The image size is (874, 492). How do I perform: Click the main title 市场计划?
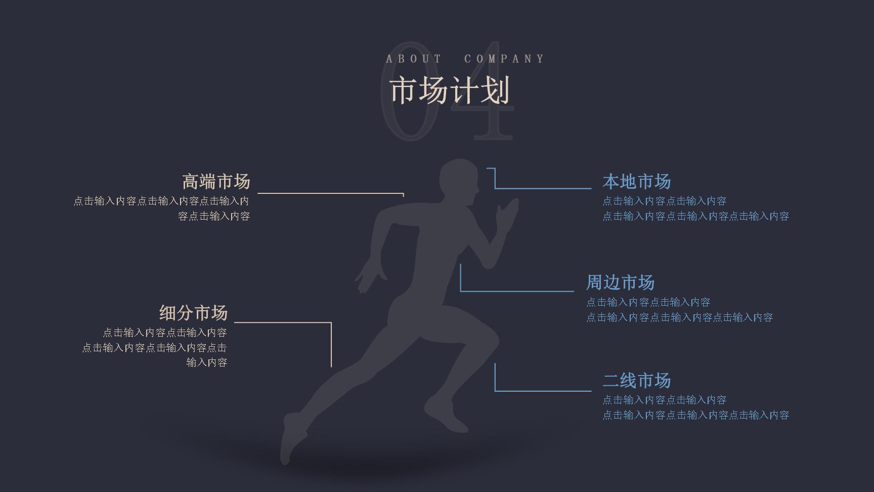click(x=449, y=91)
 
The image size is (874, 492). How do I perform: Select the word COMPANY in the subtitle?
click(x=504, y=59)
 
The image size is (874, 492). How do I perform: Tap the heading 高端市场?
click(x=216, y=181)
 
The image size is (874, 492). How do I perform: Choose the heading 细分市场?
click(x=193, y=313)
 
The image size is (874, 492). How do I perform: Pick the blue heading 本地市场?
click(x=636, y=181)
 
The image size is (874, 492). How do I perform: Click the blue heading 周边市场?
click(x=620, y=282)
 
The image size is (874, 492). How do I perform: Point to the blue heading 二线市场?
click(x=636, y=380)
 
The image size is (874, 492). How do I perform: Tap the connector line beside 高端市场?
click(x=331, y=193)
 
